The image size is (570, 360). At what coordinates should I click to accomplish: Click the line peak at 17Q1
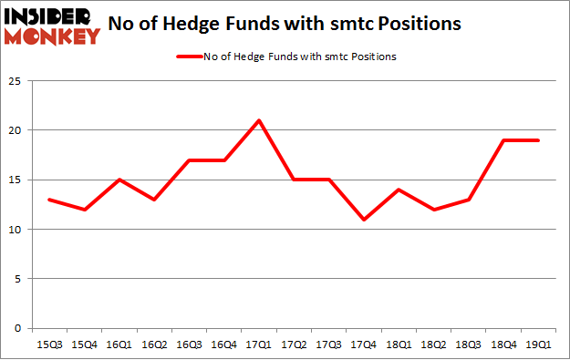click(259, 120)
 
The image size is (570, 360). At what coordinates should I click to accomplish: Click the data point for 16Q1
click(119, 180)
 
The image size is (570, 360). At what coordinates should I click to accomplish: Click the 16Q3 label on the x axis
click(189, 345)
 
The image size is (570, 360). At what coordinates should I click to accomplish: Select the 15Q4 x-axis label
click(83, 345)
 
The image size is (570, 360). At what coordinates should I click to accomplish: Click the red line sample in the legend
click(188, 57)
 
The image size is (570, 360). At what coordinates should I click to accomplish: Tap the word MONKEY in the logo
click(53, 36)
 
